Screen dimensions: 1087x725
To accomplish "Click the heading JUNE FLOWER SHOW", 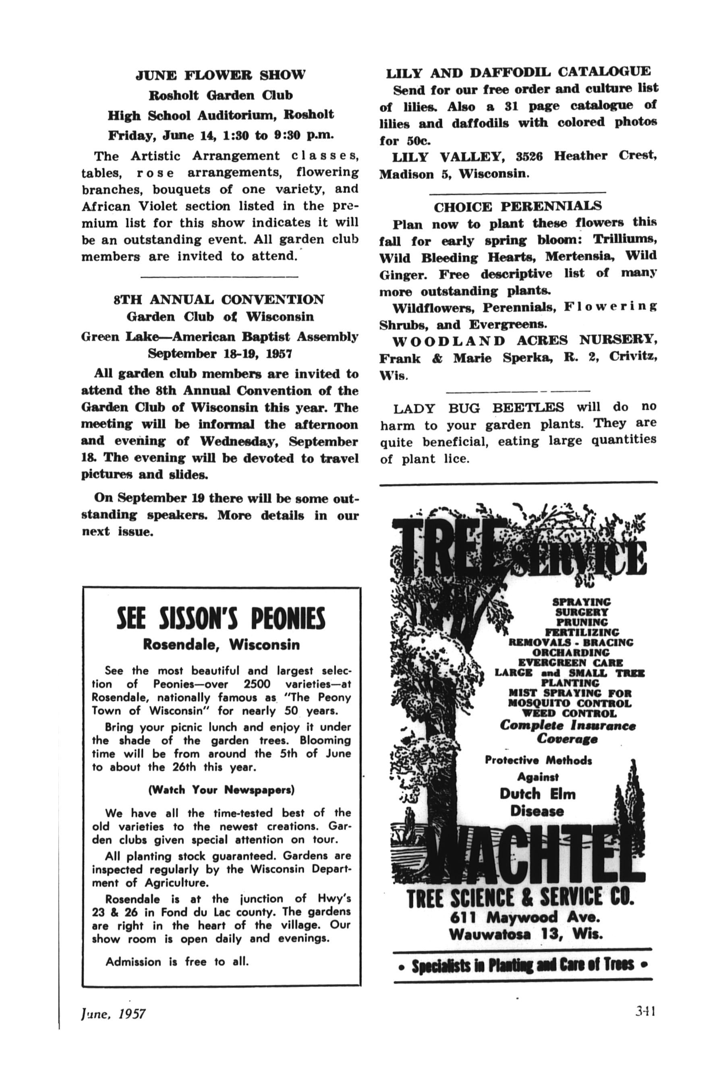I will (x=221, y=75).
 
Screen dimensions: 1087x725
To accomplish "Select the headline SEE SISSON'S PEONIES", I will (x=221, y=619).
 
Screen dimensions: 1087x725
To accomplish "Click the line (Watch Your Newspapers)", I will (x=221, y=790).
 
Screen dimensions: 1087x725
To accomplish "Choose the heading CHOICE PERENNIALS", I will (x=518, y=206).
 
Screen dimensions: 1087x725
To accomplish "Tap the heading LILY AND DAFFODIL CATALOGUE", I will (x=518, y=72).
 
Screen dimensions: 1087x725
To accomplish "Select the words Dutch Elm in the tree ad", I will (x=537, y=794).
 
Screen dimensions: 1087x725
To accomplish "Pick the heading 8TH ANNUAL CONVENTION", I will (x=219, y=300).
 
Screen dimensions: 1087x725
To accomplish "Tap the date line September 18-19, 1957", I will (x=220, y=353).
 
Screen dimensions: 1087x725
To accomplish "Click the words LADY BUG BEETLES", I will (x=478, y=408).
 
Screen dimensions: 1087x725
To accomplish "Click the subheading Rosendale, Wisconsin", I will (x=221, y=644).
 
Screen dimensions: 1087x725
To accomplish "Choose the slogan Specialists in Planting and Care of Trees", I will (x=522, y=965).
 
